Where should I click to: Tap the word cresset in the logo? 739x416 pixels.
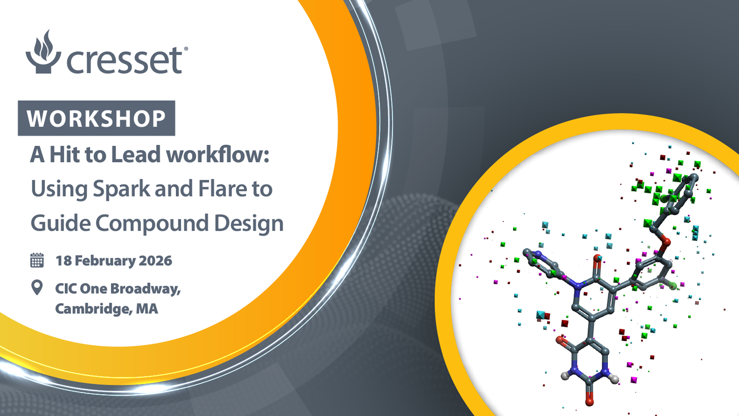click(124, 60)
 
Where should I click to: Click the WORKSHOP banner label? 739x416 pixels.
click(97, 118)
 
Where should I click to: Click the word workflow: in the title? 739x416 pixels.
click(218, 154)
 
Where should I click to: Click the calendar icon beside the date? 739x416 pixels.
click(37, 260)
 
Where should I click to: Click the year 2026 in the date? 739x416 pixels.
click(155, 261)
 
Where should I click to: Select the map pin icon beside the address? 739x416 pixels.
click(37, 288)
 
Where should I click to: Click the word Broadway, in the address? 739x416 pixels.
click(145, 289)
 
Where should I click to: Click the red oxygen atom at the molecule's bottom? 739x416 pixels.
click(589, 402)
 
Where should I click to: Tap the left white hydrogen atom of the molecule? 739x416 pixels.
click(565, 375)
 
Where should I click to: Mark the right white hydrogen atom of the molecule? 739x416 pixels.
click(614, 379)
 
